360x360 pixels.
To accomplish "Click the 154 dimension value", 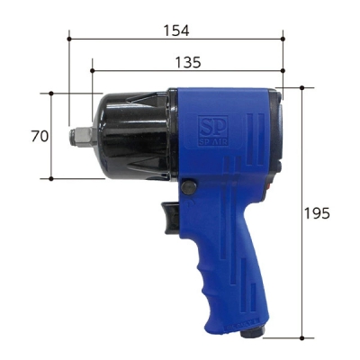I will click(175, 30).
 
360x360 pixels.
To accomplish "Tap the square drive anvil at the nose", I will click(78, 136).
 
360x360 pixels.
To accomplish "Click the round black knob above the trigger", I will click(189, 187).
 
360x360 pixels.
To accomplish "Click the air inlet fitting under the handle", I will click(249, 336).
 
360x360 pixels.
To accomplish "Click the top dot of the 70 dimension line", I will click(51, 93).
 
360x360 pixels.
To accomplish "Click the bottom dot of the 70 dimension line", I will click(51, 178).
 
